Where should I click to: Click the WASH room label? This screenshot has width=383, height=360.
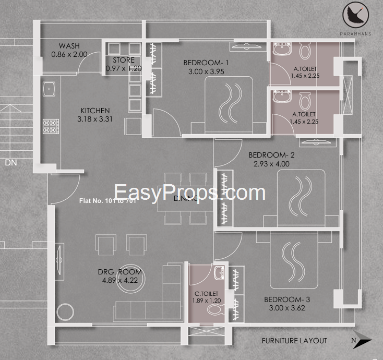[69, 46]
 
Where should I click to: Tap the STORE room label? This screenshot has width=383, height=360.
[124, 60]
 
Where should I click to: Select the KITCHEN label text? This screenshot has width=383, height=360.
[95, 111]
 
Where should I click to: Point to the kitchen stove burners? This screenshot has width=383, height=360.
[51, 126]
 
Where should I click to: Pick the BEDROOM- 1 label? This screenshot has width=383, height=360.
[206, 63]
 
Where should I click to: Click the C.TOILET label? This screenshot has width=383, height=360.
[207, 294]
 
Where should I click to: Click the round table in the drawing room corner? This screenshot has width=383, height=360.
[66, 311]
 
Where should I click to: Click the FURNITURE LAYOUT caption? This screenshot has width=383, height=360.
[294, 341]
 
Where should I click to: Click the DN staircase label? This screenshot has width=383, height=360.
[11, 163]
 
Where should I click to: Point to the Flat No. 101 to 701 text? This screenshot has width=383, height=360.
[107, 200]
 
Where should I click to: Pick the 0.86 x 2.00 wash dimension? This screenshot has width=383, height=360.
[69, 54]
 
